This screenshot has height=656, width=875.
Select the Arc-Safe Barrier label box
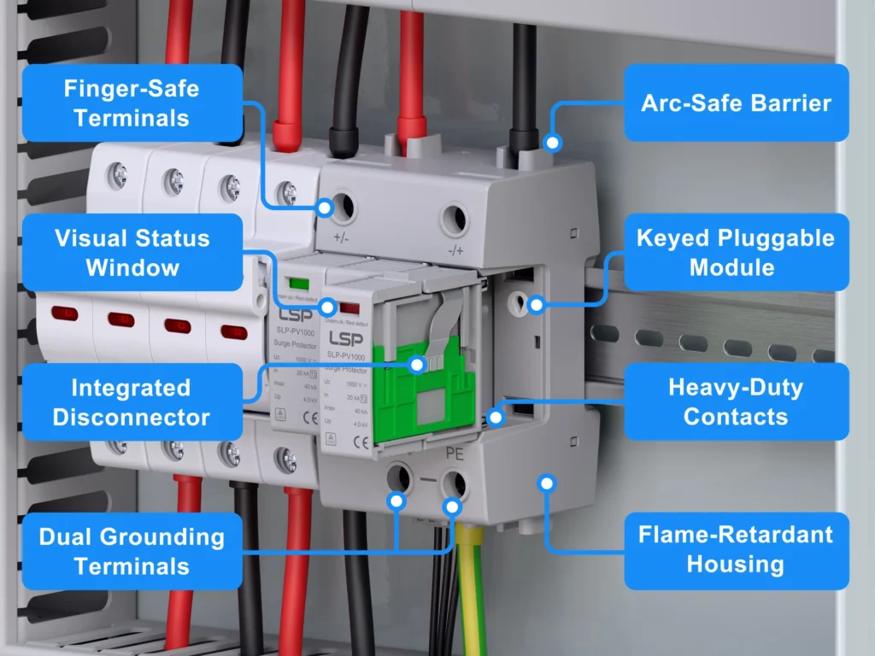click(x=736, y=102)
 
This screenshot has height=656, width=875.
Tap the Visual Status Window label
click(x=132, y=252)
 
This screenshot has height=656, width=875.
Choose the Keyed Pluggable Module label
click(x=736, y=252)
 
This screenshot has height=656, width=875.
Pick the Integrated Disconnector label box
click(x=132, y=401)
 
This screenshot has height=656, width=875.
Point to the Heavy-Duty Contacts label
click(x=736, y=401)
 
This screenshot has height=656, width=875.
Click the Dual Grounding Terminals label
click(x=132, y=551)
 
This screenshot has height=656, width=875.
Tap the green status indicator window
click(x=298, y=283)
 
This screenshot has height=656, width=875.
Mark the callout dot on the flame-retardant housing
click(x=548, y=483)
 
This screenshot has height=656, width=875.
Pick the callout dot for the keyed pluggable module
click(x=536, y=305)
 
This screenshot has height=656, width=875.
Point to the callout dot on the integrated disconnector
click(x=417, y=364)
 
